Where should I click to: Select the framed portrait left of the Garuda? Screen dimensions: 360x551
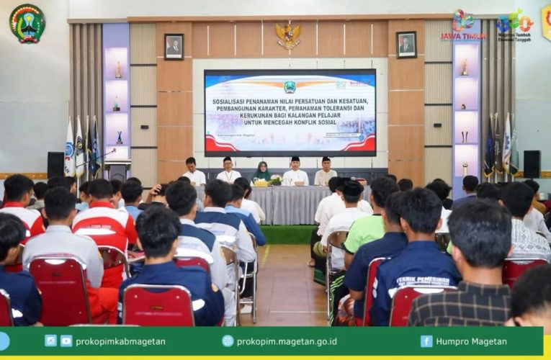[174, 46]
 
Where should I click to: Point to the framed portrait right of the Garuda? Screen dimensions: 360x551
[406, 45]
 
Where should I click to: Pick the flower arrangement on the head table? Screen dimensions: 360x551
[275, 180]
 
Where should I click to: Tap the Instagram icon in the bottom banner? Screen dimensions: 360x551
[50, 341]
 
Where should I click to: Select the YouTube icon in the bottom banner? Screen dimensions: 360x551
[66, 341]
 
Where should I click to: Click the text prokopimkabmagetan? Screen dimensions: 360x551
[120, 341]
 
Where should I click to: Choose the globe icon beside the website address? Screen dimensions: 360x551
[228, 341]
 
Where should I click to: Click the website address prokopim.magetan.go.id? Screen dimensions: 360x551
[287, 341]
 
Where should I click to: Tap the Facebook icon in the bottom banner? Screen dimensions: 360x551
[426, 341]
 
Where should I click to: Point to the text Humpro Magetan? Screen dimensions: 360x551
[472, 341]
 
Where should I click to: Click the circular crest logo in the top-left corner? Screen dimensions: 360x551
[27, 23]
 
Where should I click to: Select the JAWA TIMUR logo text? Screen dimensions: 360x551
[463, 36]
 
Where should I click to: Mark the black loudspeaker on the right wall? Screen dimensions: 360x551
[532, 164]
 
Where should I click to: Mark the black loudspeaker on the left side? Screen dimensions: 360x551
[55, 165]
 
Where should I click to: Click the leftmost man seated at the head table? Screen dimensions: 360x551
[192, 172]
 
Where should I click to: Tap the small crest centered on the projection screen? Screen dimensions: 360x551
[290, 87]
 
